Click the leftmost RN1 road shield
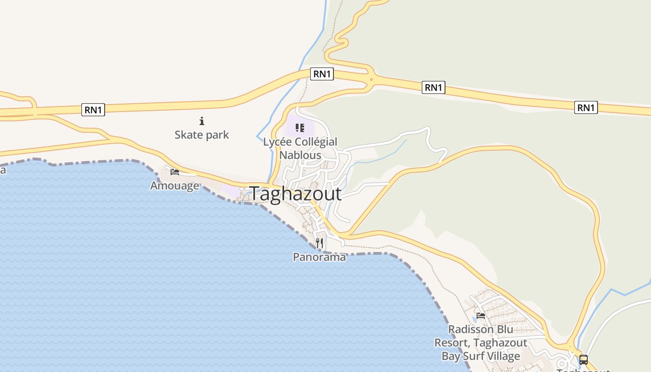[x=93, y=110]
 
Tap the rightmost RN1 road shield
[x=586, y=108]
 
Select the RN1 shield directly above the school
[x=322, y=74]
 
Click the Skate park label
[x=202, y=135]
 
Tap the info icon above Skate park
[x=202, y=121]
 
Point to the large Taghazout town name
[x=296, y=194]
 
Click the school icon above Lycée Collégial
[x=300, y=128]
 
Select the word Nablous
[x=300, y=155]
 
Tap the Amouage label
[x=174, y=186]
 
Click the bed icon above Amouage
[x=175, y=172]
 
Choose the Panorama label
[x=319, y=257]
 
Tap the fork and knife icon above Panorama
[x=319, y=243]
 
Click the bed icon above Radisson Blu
[x=481, y=315]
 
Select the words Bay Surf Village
[x=481, y=356]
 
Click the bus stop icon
[x=583, y=359]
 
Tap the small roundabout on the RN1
[x=371, y=80]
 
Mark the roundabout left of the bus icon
[x=571, y=347]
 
